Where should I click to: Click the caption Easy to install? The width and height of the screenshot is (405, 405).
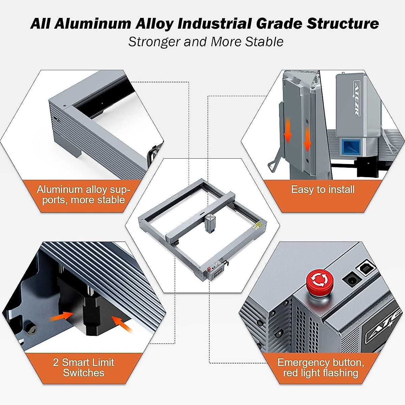coord(323,189)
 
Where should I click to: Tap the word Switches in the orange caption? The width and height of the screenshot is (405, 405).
coord(83,373)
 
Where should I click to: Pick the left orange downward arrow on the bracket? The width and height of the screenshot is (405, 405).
coord(288,133)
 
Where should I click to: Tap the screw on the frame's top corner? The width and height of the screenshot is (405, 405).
coord(64,106)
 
